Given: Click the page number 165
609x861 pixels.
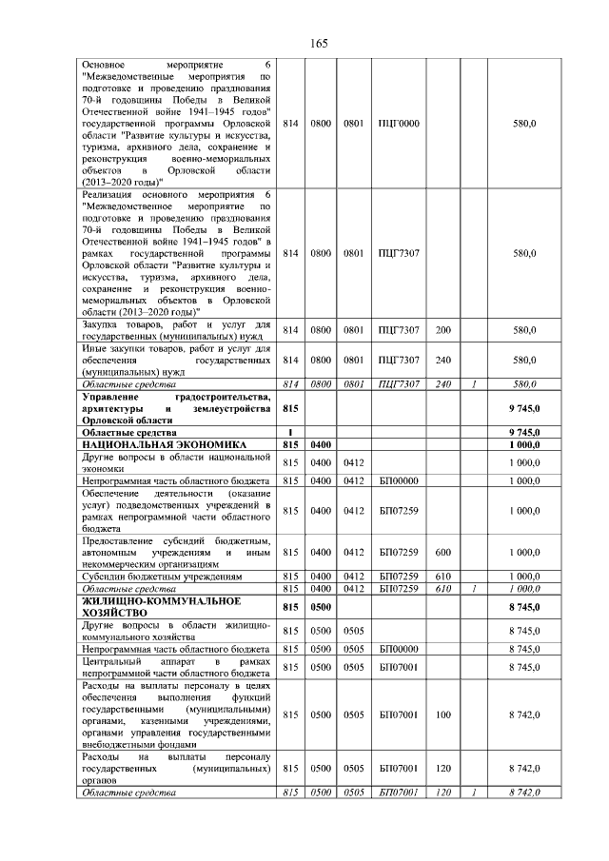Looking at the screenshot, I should coord(319,44).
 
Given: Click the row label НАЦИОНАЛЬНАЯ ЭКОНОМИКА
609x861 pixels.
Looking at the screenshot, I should coord(165,444).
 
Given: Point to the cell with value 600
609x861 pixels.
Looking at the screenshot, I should coord(442,552).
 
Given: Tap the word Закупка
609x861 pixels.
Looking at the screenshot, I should coord(103,325).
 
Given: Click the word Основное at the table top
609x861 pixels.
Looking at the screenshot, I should coord(104,64).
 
